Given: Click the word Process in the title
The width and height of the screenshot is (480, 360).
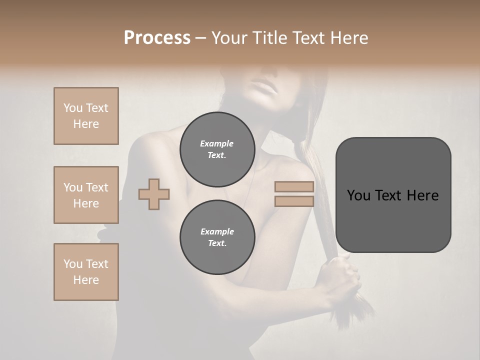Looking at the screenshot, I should click(x=157, y=38).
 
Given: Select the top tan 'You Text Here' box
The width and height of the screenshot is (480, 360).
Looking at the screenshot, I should click(x=86, y=116).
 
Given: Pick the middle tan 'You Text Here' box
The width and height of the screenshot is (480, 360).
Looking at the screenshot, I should click(x=86, y=195).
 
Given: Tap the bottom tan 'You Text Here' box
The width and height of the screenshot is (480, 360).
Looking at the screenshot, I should click(x=86, y=272).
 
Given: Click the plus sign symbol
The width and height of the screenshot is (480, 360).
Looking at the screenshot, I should click(x=154, y=194).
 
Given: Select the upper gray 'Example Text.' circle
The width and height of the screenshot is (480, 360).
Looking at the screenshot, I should click(x=217, y=149).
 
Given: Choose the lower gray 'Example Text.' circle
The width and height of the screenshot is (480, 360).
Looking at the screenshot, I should click(x=217, y=237).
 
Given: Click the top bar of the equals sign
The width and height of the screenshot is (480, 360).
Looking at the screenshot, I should click(x=294, y=187).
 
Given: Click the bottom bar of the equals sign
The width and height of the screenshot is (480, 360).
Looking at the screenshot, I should click(x=294, y=201).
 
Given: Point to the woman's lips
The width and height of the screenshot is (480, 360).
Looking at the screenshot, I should click(x=266, y=89).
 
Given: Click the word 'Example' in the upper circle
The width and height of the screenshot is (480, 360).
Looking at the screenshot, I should click(x=217, y=143).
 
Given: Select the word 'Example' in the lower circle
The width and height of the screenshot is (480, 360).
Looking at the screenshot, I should click(x=217, y=231).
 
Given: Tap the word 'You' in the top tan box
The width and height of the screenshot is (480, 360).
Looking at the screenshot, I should click(x=73, y=108).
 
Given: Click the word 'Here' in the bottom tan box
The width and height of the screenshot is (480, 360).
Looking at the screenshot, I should click(x=86, y=280).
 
